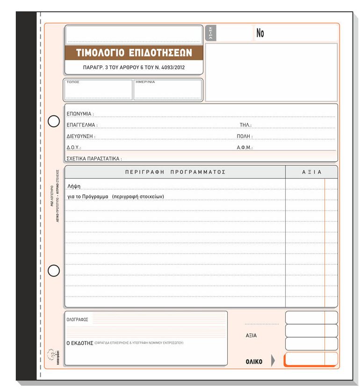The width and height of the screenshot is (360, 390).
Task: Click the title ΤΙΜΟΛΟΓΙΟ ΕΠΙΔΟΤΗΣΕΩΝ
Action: coord(134,53)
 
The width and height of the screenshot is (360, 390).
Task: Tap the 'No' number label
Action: coord(260,33)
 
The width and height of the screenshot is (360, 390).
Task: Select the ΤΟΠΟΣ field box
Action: coord(98,90)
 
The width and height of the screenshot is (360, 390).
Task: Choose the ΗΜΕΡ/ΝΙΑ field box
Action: coord(167,90)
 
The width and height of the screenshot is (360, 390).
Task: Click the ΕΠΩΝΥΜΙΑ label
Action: coord(79,114)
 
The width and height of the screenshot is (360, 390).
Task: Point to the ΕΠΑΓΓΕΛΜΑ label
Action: coord(82,125)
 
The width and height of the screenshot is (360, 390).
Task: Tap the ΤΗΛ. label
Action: coord(245,125)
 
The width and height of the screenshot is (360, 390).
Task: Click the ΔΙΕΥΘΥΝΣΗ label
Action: coord(81,136)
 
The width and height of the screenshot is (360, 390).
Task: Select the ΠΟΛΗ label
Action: coord(245,136)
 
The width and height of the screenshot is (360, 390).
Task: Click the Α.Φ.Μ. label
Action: coord(245,148)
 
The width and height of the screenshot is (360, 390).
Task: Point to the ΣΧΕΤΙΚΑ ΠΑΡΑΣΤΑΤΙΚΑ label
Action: coord(94,159)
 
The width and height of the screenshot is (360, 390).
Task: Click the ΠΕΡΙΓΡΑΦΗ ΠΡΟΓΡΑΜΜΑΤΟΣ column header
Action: coord(175,172)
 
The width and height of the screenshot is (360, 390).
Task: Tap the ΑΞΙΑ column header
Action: coord(312,172)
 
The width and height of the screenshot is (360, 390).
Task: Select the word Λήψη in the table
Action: coord(74,186)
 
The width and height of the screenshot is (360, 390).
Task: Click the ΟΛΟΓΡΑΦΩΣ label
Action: coord(78,320)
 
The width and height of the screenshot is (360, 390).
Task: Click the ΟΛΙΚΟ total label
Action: coord(254,362)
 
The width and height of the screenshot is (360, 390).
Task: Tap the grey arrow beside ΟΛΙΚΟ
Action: coord(274,361)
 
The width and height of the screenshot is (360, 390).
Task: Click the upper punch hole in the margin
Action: coord(54,121)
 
